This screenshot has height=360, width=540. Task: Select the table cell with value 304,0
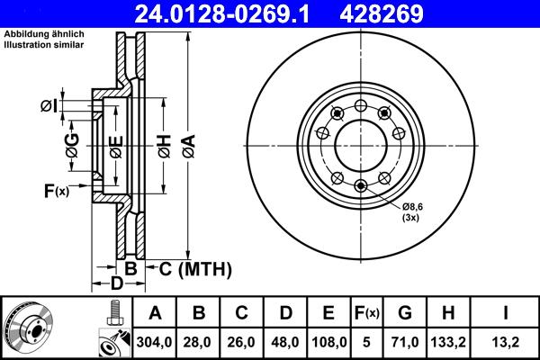[155, 342]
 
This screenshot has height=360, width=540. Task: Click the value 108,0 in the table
[328, 342]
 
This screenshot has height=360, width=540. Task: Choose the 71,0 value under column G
[405, 342]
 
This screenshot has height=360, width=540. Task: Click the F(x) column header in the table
[368, 314]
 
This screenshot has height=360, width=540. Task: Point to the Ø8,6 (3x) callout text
[411, 211]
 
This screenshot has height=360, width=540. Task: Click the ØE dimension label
[116, 144]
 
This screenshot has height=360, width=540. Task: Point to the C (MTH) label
[195, 268]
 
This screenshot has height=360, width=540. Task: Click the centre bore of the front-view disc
[360, 144]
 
